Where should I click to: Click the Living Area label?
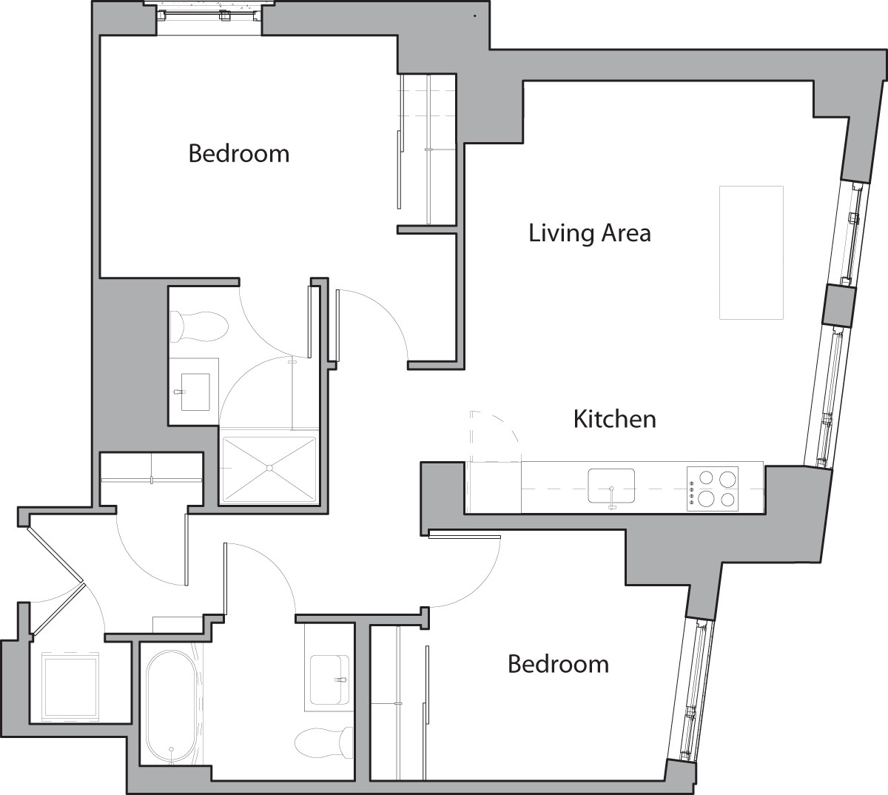click(589, 233)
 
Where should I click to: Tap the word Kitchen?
click(614, 419)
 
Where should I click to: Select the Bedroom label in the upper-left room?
click(238, 154)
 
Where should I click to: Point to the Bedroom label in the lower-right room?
click(558, 664)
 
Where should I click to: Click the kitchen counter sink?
click(611, 486)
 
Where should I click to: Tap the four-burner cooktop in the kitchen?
click(713, 489)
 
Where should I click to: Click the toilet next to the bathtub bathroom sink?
click(324, 742)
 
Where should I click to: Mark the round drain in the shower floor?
click(270, 468)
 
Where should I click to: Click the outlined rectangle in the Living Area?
click(751, 252)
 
